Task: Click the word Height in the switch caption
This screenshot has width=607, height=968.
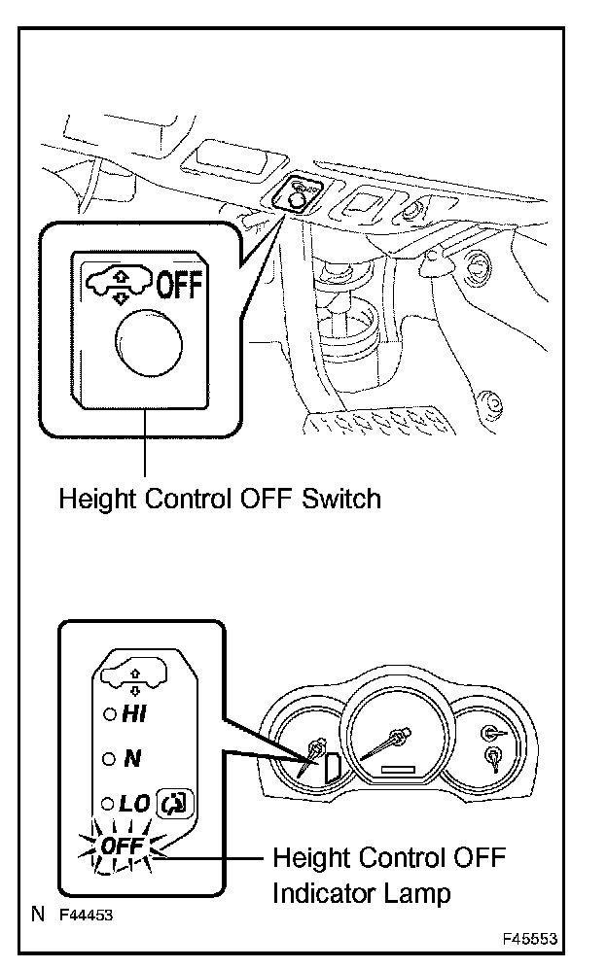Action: tap(94, 500)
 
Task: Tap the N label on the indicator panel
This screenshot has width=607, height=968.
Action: tap(132, 759)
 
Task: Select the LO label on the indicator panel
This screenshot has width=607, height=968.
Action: tap(134, 804)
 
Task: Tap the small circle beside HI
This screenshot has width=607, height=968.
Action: tap(109, 715)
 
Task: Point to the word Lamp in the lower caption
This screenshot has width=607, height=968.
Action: tap(422, 893)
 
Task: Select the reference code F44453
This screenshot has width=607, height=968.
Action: tap(86, 915)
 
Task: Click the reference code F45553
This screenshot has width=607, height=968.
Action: tap(530, 940)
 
